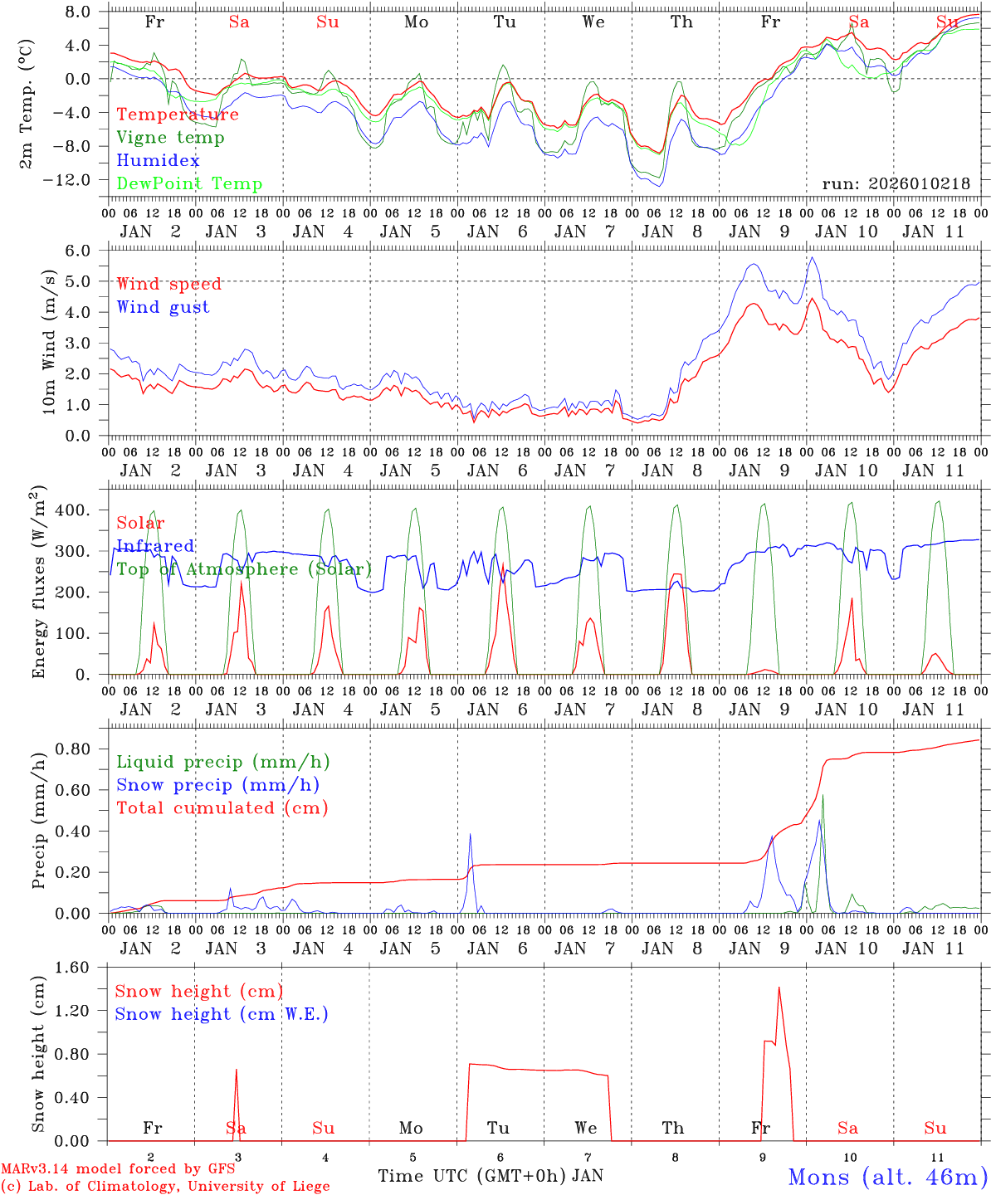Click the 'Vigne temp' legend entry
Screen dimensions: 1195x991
tap(170, 138)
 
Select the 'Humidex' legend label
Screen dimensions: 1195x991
tap(158, 161)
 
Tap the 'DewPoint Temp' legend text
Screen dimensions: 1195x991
tap(189, 184)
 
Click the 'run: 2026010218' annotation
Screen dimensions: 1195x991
tap(896, 184)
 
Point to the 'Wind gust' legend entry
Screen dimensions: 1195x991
tap(163, 307)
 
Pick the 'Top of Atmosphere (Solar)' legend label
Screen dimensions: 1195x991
tap(243, 569)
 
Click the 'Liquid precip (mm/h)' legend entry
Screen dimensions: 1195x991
tap(222, 762)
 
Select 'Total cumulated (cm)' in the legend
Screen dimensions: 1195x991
tap(222, 807)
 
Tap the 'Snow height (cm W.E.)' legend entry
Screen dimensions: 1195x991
tap(221, 1014)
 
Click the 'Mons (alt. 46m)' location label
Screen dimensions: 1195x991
tap(887, 1177)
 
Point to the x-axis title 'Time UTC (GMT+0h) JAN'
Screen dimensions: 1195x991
tap(491, 1176)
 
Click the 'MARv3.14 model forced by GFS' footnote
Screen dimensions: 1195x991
tap(118, 1169)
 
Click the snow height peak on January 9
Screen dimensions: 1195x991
tap(779, 988)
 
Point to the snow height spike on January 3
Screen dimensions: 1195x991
tap(237, 1070)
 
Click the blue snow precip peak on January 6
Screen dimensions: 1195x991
tap(470, 834)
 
